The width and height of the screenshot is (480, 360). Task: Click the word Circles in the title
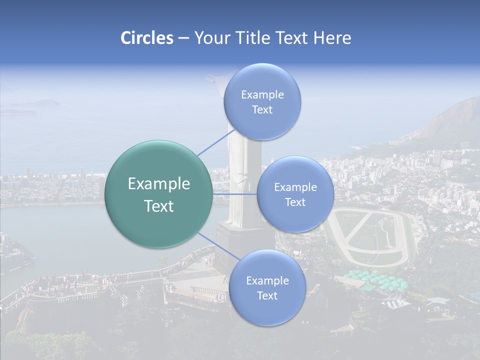146,38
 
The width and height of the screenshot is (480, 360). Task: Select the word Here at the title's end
332,38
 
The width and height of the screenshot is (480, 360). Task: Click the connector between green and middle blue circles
234,194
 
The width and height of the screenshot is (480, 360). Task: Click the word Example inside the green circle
158,184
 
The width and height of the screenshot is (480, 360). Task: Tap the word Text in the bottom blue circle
267,295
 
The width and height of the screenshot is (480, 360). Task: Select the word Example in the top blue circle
262,95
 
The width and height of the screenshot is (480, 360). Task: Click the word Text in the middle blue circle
295,202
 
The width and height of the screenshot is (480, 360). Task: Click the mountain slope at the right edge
452,120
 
